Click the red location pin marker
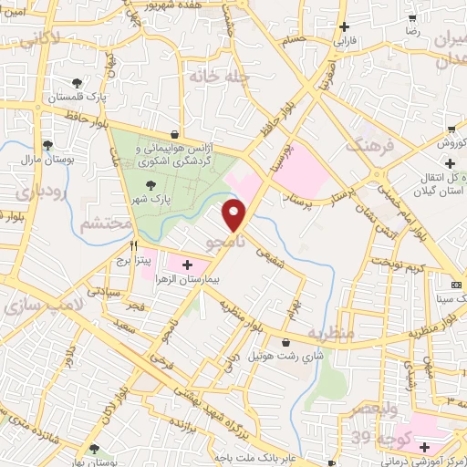(x=235, y=214)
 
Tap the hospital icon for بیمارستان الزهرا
(x=187, y=265)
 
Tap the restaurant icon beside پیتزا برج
(x=133, y=244)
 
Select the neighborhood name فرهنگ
(x=369, y=144)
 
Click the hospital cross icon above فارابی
(x=343, y=27)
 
